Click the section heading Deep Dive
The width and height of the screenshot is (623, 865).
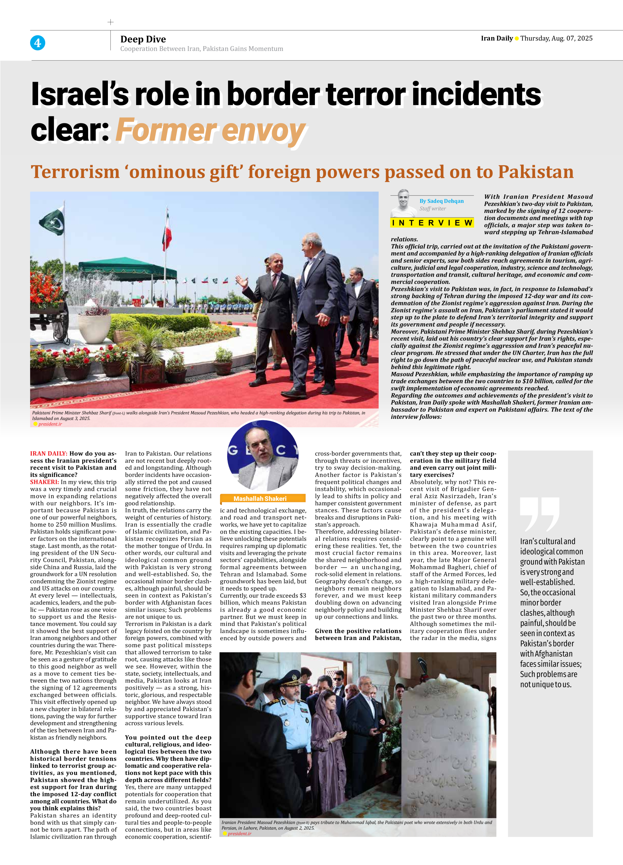(143, 39)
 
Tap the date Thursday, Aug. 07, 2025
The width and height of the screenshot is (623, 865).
(556, 38)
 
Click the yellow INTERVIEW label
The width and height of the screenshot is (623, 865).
(432, 223)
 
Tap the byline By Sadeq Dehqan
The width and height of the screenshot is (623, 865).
(441, 201)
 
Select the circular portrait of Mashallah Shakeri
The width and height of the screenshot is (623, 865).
(263, 456)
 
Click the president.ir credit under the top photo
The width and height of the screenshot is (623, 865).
(50, 424)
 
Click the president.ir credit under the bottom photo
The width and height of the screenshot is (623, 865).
(239, 834)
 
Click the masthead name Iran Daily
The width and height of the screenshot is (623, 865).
(496, 38)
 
